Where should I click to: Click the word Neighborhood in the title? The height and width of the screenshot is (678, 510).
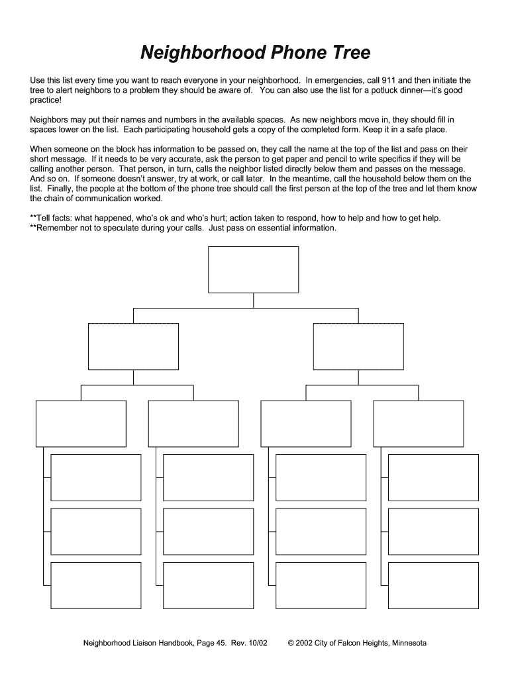(x=197, y=53)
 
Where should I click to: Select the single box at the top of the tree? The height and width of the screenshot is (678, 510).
(x=253, y=269)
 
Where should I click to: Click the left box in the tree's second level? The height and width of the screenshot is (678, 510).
(x=133, y=346)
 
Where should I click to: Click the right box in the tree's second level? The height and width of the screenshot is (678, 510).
(x=358, y=346)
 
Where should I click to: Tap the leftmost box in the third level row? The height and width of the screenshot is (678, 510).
(x=81, y=423)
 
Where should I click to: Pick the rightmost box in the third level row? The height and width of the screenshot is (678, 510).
(x=418, y=423)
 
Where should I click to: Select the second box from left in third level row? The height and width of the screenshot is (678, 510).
(x=193, y=423)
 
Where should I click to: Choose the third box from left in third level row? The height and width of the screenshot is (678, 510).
(x=306, y=423)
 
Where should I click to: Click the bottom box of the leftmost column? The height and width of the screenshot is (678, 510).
(x=96, y=585)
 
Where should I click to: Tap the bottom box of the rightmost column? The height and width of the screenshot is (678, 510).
(x=433, y=585)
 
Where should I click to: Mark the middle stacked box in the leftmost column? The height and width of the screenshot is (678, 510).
(x=96, y=531)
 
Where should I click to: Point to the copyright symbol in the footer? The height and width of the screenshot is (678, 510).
(x=291, y=644)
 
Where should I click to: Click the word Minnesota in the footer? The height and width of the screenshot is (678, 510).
(x=408, y=644)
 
